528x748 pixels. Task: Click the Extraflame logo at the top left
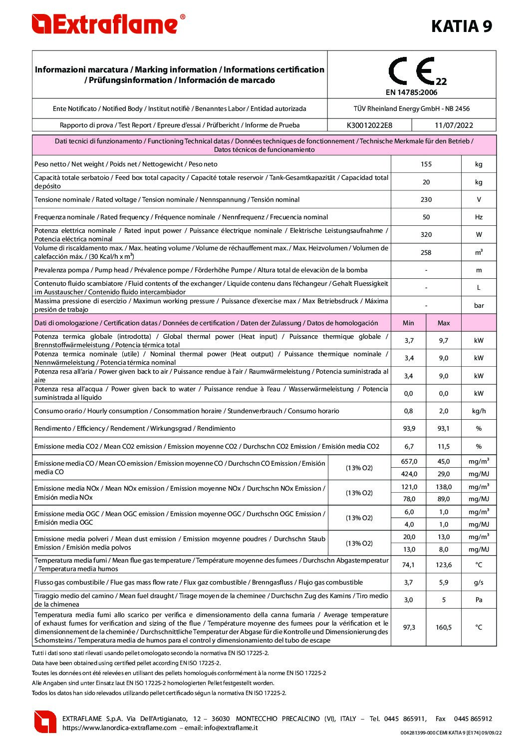click(108, 24)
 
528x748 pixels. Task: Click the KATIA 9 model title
click(461, 26)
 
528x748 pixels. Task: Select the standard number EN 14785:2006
click(411, 92)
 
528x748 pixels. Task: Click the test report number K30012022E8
click(369, 125)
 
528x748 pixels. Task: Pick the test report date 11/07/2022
click(454, 125)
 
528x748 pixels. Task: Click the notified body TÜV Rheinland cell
click(411, 108)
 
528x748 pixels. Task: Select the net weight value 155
click(426, 164)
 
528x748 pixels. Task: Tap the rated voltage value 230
click(426, 200)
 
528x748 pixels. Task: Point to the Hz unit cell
click(479, 217)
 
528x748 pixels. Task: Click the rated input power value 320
click(426, 235)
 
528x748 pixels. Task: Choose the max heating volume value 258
click(426, 253)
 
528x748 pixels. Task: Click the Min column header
click(408, 323)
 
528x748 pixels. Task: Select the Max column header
click(443, 323)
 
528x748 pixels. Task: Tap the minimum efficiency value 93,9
click(409, 429)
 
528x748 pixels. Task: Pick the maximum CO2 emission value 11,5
click(443, 447)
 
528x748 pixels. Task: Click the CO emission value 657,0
click(409, 462)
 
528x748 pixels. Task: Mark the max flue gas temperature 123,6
click(443, 565)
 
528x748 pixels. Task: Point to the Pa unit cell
click(479, 600)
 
